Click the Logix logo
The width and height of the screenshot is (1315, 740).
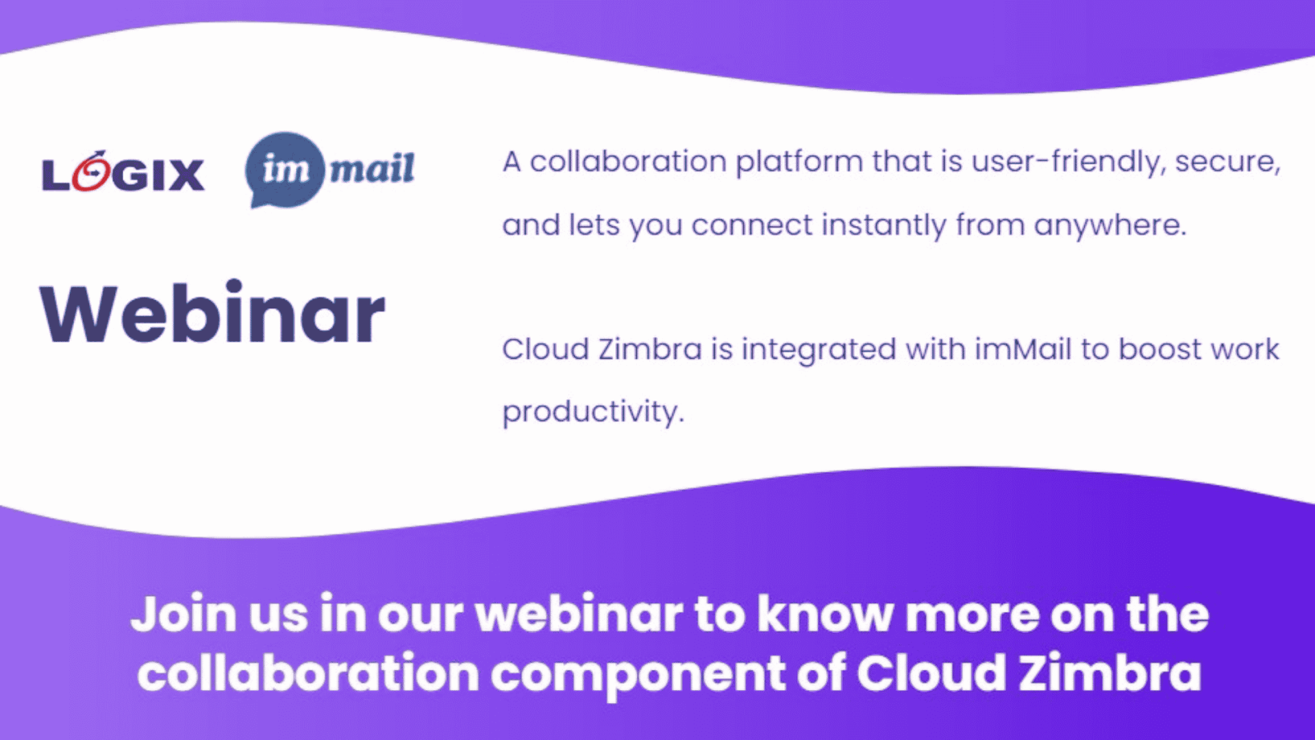point(123,171)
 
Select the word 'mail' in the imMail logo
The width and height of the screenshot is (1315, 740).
point(372,169)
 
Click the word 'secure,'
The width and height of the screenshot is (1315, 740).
point(1227,162)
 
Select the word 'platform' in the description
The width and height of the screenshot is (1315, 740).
point(799,163)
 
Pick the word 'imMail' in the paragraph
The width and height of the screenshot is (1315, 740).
point(1023,349)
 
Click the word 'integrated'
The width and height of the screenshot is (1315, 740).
point(819,350)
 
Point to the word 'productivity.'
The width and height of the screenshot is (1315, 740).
point(593,412)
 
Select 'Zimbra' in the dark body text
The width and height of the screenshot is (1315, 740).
point(650,349)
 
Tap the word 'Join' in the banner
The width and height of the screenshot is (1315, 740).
point(184,614)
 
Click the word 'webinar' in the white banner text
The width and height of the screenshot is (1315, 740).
point(579,614)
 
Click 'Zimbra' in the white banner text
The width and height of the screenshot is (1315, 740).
point(1110,673)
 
